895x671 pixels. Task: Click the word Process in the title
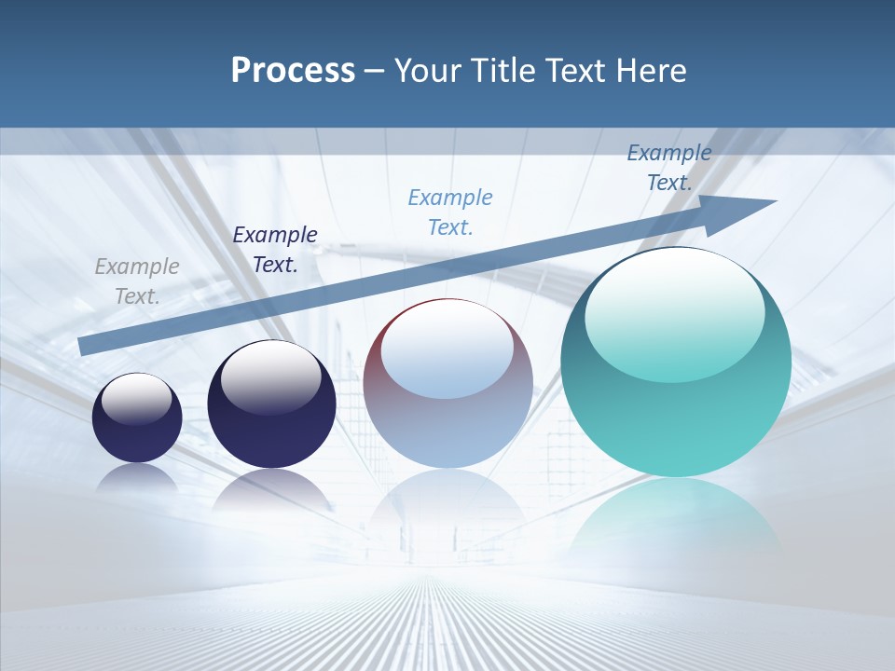tap(293, 71)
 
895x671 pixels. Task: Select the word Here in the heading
tap(650, 71)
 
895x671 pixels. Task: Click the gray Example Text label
tap(137, 281)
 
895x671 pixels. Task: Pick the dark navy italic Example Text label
tap(275, 250)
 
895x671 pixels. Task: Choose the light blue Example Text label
tap(450, 212)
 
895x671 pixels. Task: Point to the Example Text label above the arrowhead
tap(669, 168)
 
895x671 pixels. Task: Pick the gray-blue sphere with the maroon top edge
tap(447, 429)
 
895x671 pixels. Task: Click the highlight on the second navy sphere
tap(270, 373)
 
